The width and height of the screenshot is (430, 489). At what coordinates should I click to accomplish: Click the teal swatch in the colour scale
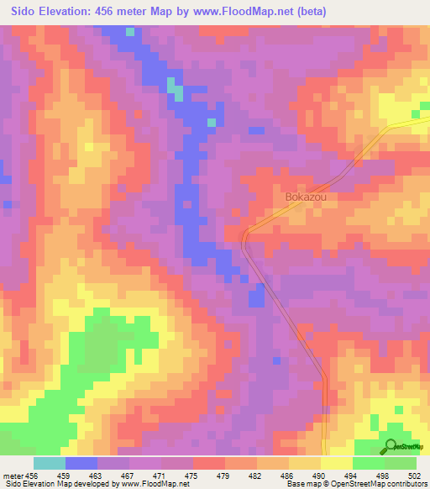(x=50, y=463)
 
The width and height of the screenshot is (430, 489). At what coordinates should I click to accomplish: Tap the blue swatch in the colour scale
(x=81, y=463)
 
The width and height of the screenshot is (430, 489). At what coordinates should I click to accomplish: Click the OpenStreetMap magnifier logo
(x=391, y=446)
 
